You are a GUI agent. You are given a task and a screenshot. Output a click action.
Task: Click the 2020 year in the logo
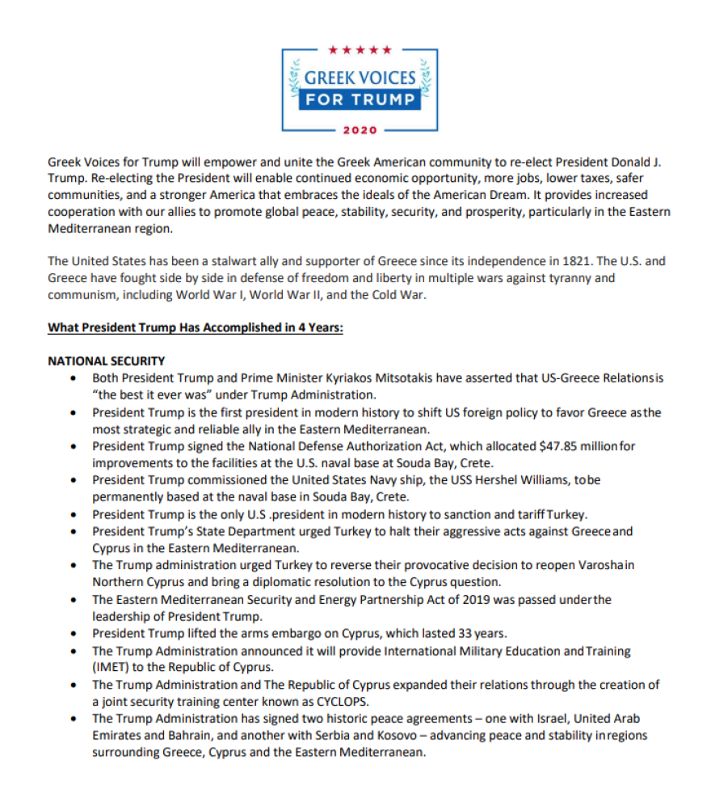pos(360,129)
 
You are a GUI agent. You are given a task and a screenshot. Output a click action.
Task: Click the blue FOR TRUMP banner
pos(360,100)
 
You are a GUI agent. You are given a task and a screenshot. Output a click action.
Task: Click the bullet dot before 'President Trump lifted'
pos(74,633)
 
